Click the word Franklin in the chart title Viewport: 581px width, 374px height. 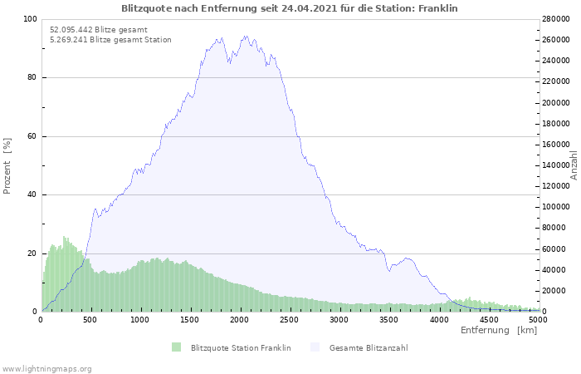tap(438, 8)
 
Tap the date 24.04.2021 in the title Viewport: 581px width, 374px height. tap(310, 8)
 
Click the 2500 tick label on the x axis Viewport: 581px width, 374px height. tap(290, 320)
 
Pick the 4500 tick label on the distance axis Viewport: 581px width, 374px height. tap(488, 320)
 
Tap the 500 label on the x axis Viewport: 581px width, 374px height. tap(90, 320)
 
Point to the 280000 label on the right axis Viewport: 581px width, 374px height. tap(556, 19)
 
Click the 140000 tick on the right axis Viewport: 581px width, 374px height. tap(556, 165)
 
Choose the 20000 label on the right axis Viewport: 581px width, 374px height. tap(554, 291)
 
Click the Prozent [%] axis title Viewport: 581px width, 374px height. tap(7, 166)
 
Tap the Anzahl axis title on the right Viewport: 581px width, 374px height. tap(574, 165)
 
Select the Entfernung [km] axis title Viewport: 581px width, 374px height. tap(499, 330)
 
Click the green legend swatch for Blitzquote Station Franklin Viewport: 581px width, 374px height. tap(176, 347)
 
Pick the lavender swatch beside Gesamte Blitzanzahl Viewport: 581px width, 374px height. tap(315, 347)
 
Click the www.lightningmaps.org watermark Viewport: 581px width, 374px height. tap(46, 369)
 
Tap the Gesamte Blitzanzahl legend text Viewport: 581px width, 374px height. tap(369, 348)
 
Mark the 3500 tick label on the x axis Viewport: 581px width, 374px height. tap(388, 320)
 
